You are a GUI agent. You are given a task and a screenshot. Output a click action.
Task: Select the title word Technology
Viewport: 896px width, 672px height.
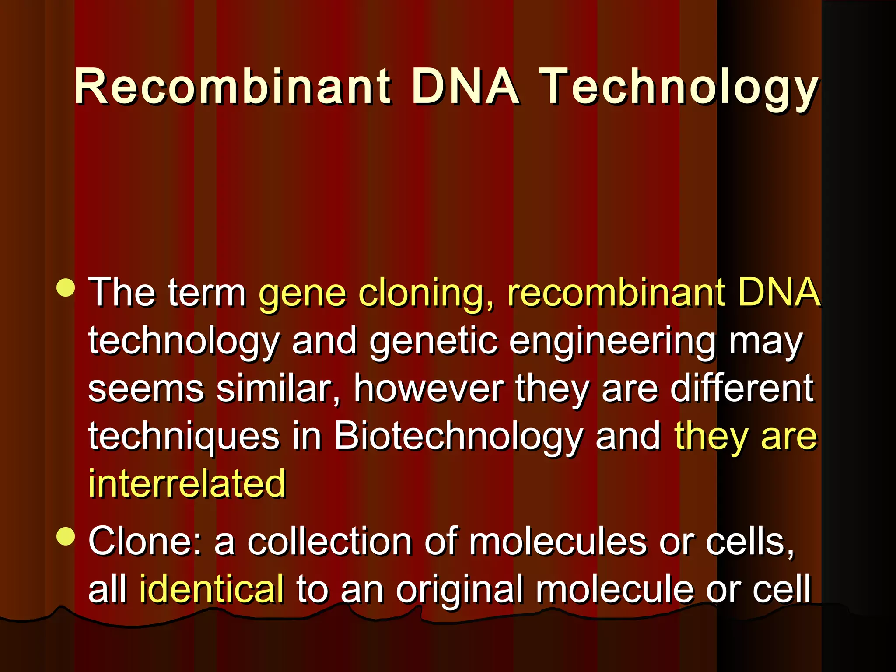[x=679, y=89]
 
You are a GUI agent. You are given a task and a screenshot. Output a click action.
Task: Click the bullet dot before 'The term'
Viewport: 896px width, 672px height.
[x=66, y=288]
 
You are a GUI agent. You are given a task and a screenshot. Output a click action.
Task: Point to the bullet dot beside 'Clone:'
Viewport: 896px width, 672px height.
[x=66, y=536]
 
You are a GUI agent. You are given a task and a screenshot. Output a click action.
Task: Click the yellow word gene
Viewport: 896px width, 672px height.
[x=302, y=294]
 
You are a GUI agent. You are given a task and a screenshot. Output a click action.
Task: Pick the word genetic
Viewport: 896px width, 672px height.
[x=434, y=342]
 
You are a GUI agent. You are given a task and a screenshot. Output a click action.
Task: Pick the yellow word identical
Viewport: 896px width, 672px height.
[x=212, y=589]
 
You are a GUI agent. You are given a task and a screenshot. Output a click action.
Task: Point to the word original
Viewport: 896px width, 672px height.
[x=459, y=591]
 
